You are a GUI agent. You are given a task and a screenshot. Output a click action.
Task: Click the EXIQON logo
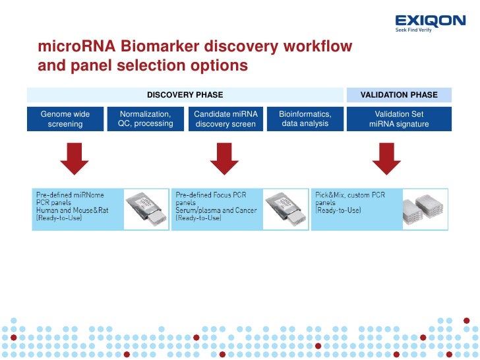430,22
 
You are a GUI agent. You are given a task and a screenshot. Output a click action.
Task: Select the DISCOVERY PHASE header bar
185,95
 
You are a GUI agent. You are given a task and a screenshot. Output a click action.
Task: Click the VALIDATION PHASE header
399,95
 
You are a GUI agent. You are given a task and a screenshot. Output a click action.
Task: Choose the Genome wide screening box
65,119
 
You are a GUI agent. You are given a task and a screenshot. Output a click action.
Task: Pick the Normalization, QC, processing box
145,119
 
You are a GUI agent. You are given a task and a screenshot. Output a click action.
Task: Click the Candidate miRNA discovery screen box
225,119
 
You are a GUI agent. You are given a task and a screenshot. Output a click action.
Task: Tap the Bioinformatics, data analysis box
305,119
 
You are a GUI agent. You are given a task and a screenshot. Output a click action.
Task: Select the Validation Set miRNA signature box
399,119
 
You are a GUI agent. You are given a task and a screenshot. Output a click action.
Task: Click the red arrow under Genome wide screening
75,159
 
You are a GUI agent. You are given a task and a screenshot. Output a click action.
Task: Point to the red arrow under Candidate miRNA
224,159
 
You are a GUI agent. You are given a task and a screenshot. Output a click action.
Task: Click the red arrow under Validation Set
386,159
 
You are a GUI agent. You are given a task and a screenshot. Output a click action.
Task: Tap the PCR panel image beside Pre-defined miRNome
146,208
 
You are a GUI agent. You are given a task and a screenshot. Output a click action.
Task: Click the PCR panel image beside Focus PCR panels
285,208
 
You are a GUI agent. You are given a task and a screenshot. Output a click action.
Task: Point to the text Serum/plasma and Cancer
214,210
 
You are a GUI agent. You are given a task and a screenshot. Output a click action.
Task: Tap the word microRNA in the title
73,47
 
